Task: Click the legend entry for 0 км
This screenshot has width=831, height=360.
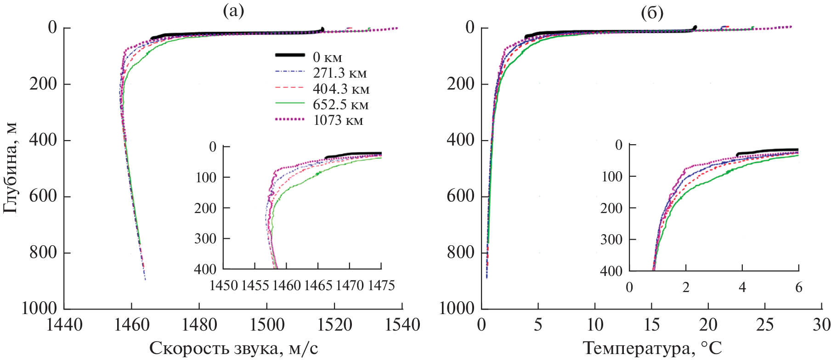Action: click(327, 57)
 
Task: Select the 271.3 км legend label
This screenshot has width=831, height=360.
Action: click(339, 73)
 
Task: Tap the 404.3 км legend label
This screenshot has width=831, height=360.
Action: click(341, 89)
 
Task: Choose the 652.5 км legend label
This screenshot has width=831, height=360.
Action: click(340, 105)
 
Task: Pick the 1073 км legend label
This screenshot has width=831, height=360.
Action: click(338, 120)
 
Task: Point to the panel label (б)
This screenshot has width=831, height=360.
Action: click(652, 13)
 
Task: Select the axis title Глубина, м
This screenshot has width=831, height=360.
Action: click(10, 168)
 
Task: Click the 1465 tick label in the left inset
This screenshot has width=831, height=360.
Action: click(318, 286)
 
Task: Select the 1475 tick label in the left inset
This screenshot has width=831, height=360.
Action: click(381, 286)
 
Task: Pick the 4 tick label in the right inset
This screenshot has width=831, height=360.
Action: click(742, 287)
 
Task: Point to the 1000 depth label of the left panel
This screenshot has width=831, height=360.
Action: click(40, 308)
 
